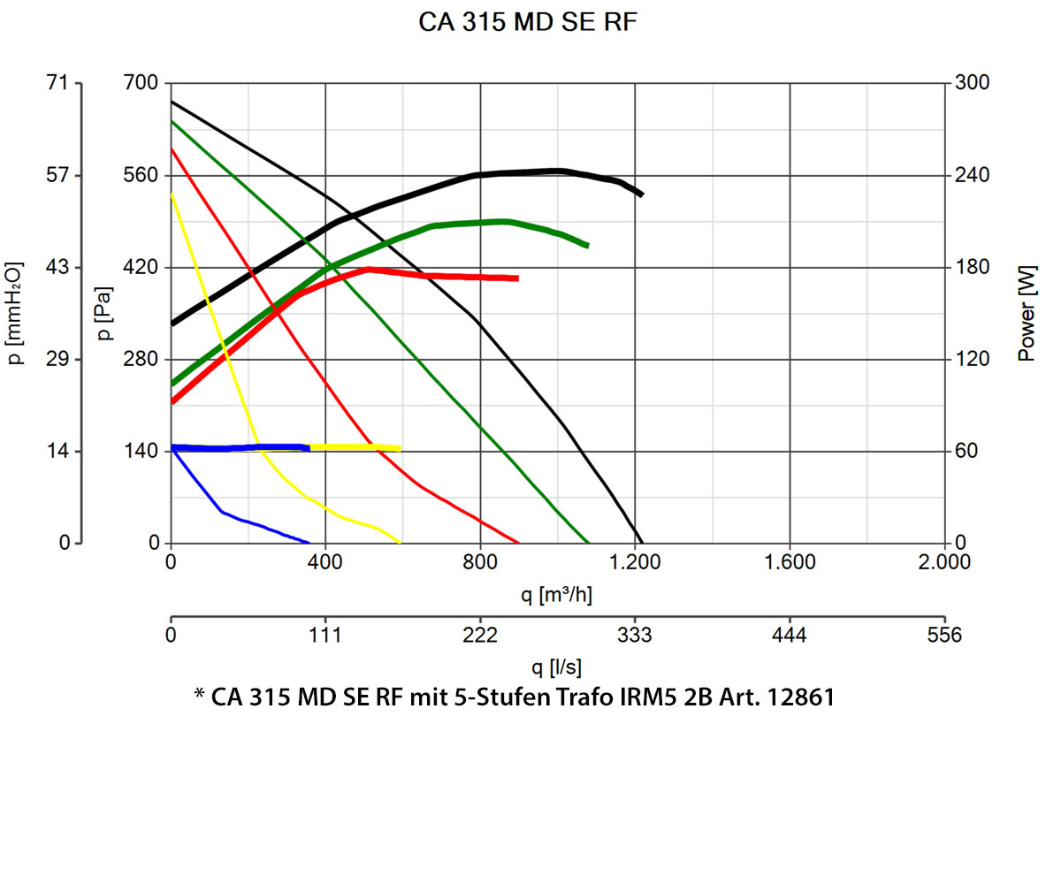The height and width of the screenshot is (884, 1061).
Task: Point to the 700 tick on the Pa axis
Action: click(140, 83)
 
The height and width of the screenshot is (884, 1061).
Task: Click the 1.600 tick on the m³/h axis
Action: click(789, 562)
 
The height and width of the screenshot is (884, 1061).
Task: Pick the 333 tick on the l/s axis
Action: click(635, 635)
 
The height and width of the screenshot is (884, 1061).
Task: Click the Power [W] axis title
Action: click(1026, 313)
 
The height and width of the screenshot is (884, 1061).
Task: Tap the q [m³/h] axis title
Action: click(556, 595)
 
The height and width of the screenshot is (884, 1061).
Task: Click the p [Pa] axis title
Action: click(104, 313)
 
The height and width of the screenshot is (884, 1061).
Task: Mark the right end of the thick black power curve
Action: click(641, 194)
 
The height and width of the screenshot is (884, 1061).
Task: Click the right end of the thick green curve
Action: click(587, 245)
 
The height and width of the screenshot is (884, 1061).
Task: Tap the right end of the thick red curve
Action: click(517, 278)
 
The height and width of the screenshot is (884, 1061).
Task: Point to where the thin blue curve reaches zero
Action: click(309, 543)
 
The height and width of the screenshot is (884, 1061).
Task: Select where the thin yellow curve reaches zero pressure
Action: click(401, 543)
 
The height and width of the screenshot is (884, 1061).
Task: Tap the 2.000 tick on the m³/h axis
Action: click(944, 562)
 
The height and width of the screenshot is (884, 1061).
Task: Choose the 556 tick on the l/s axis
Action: click(944, 635)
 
